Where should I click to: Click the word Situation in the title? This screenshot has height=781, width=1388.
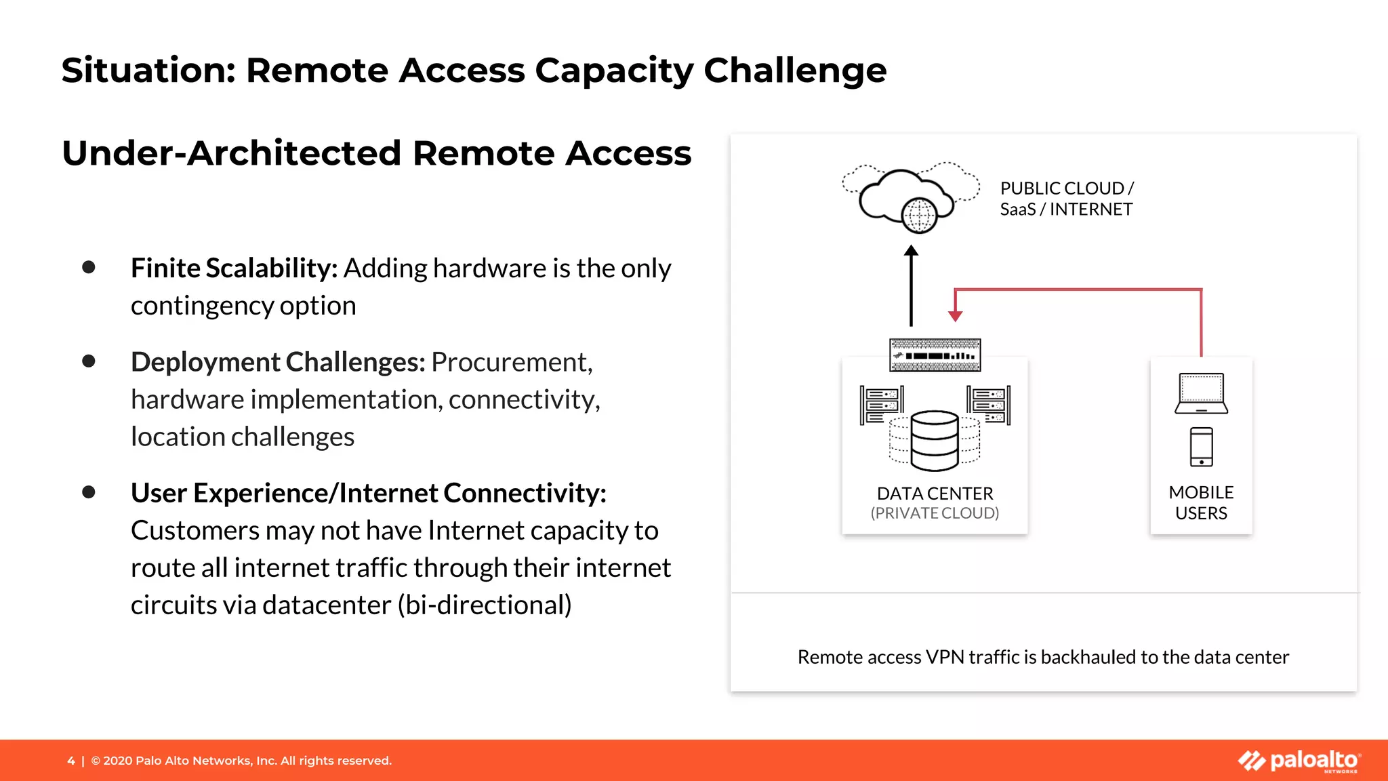click(148, 71)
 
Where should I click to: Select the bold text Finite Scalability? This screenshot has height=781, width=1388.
click(234, 268)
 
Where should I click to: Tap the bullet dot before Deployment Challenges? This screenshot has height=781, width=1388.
click(89, 361)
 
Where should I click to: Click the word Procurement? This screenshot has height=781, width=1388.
click(512, 362)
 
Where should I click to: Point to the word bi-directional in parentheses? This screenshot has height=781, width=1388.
click(485, 605)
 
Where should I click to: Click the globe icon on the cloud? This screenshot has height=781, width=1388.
click(919, 216)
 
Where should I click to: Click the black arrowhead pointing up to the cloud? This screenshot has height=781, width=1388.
click(912, 251)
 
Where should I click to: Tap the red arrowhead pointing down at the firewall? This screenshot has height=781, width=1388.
click(956, 316)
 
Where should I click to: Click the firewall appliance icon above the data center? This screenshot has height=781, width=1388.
click(935, 355)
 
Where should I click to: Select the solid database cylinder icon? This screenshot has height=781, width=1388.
click(935, 441)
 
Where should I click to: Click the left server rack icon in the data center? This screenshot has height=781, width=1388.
click(881, 405)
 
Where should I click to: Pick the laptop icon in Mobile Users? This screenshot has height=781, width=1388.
click(1201, 393)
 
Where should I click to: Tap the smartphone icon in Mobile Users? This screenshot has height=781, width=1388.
click(1201, 447)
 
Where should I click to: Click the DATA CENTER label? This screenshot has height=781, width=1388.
click(935, 494)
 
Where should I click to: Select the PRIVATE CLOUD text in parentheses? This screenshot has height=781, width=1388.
click(935, 513)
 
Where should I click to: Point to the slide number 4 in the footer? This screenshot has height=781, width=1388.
click(71, 761)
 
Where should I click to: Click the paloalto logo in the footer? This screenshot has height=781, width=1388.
click(1299, 761)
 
